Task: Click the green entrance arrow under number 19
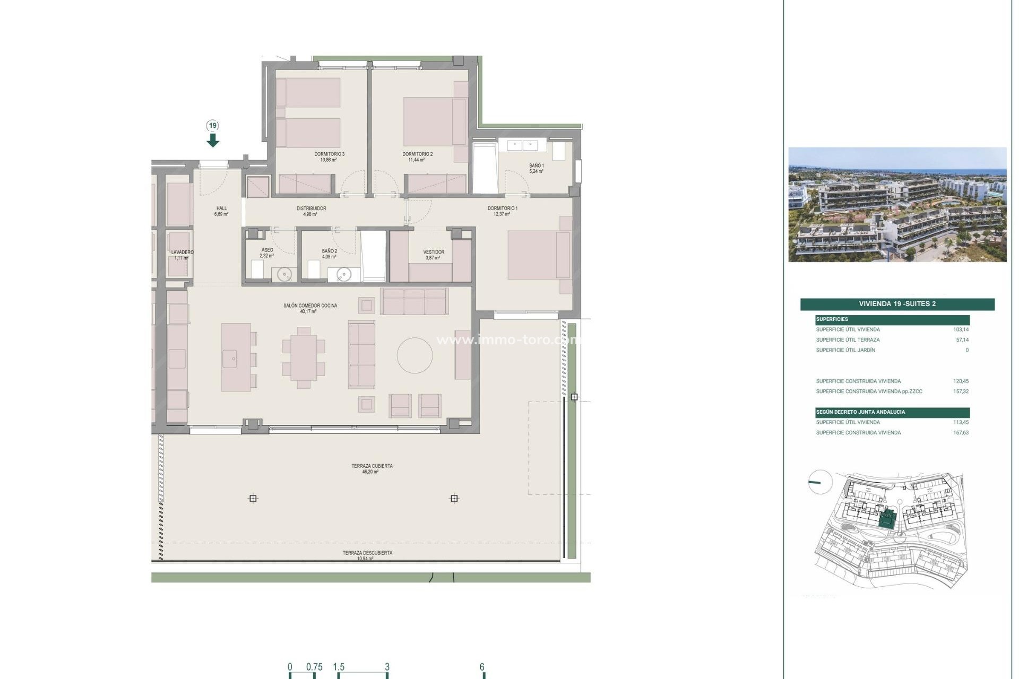pyautogui.click(x=213, y=140)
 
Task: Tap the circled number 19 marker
pyautogui.click(x=213, y=126)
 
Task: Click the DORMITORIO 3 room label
pyautogui.click(x=329, y=154)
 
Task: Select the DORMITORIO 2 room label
pyautogui.click(x=417, y=154)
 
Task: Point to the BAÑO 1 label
pyautogui.click(x=536, y=166)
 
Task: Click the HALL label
pyautogui.click(x=221, y=208)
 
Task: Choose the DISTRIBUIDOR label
pyautogui.click(x=311, y=208)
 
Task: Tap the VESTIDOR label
pyautogui.click(x=434, y=252)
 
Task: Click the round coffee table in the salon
pyautogui.click(x=414, y=355)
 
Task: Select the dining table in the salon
pyautogui.click(x=304, y=358)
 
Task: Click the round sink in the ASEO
pyautogui.click(x=285, y=274)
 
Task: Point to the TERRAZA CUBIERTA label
pyautogui.click(x=372, y=466)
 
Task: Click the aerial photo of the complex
pyautogui.click(x=897, y=205)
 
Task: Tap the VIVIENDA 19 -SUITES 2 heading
pyautogui.click(x=897, y=304)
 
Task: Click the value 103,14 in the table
pyautogui.click(x=961, y=329)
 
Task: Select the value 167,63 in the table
pyautogui.click(x=961, y=433)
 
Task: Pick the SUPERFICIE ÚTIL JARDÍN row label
pyautogui.click(x=845, y=350)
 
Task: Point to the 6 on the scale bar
pyautogui.click(x=482, y=667)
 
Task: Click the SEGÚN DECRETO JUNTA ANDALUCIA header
pyautogui.click(x=860, y=412)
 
